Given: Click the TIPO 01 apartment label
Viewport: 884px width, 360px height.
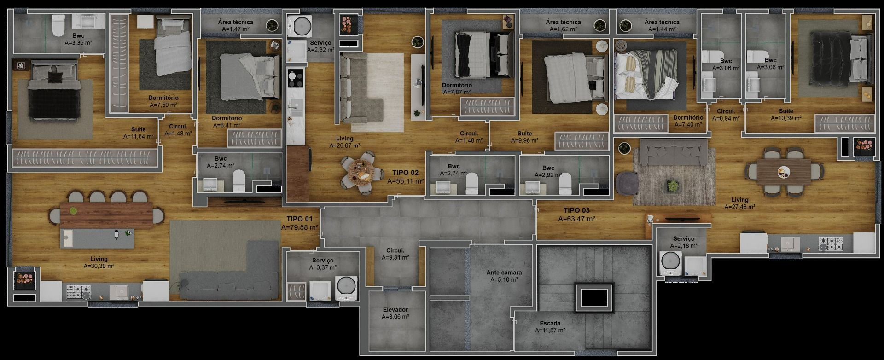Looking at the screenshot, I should (x=299, y=219).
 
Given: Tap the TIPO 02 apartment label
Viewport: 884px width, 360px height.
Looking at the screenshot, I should (x=405, y=173).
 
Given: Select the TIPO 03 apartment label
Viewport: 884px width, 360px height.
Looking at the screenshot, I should (x=576, y=210).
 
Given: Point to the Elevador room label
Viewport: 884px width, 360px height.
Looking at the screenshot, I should (x=395, y=310).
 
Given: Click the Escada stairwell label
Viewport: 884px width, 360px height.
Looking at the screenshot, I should (x=550, y=323).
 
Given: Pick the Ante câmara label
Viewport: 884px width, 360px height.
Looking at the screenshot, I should (x=504, y=273).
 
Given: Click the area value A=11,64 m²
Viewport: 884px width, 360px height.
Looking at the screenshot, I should (x=138, y=136).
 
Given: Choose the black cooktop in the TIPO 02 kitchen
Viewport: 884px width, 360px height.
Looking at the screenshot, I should (x=295, y=78).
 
